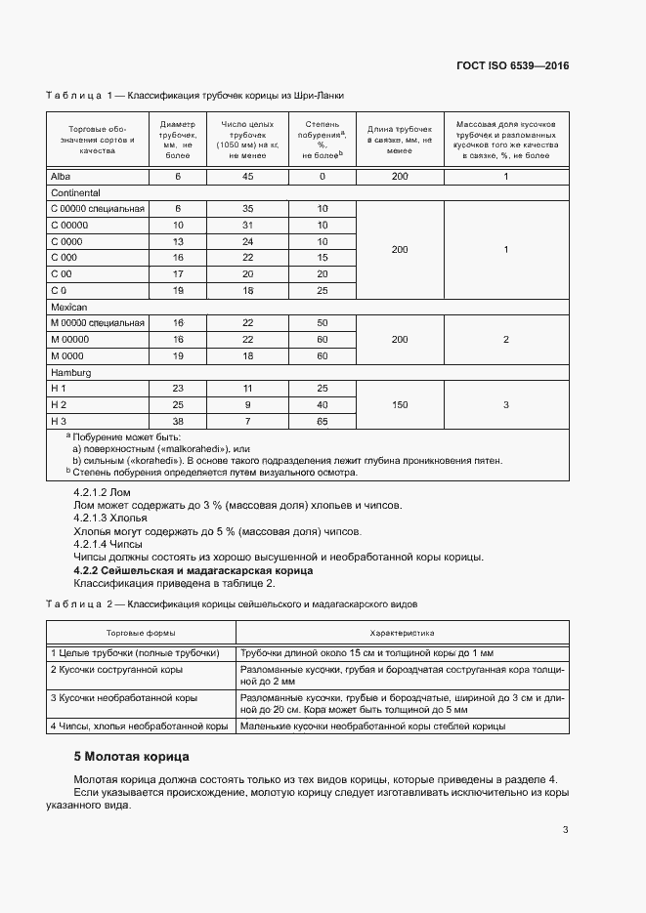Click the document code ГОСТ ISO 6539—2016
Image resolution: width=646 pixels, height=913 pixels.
click(512, 66)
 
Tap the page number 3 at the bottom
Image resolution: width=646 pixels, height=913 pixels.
click(566, 830)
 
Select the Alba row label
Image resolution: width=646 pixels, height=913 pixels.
click(59, 176)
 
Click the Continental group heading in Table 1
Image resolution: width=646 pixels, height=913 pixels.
click(74, 192)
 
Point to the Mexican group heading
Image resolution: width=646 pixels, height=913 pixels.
click(68, 306)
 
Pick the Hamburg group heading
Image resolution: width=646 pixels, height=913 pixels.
click(70, 371)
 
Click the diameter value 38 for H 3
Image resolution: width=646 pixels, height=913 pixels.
click(178, 420)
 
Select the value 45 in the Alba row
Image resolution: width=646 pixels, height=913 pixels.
click(247, 176)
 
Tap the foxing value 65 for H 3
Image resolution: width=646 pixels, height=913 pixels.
click(323, 420)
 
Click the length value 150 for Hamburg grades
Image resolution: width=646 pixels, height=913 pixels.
click(399, 403)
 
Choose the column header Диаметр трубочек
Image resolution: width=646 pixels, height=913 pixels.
click(178, 140)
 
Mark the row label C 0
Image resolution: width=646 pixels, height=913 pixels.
click(58, 291)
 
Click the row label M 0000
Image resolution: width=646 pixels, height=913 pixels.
click(66, 355)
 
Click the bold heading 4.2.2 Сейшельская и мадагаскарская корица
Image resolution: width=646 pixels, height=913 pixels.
click(194, 569)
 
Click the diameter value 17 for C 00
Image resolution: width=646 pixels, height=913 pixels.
click(178, 274)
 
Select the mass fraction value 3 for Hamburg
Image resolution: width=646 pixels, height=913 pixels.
click(505, 403)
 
